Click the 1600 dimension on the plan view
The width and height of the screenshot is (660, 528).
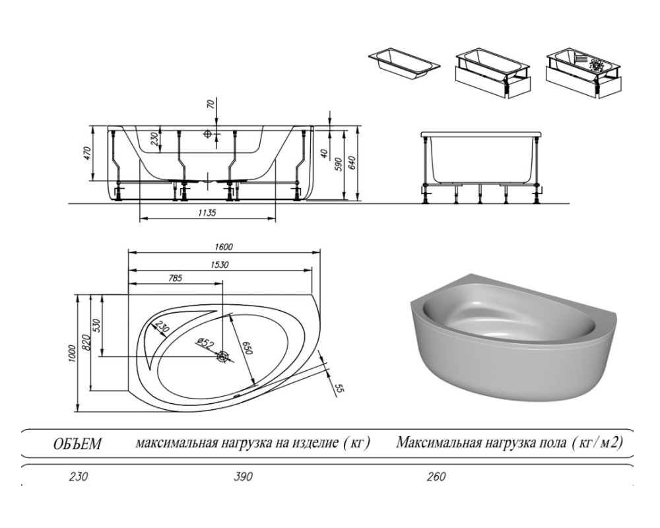tap(223, 247)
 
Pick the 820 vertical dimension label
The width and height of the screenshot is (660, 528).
tap(86, 342)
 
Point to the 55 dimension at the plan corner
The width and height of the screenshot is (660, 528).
tap(340, 388)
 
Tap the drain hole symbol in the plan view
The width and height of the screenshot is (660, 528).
tap(223, 357)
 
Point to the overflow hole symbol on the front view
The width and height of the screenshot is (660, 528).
tap(209, 134)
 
